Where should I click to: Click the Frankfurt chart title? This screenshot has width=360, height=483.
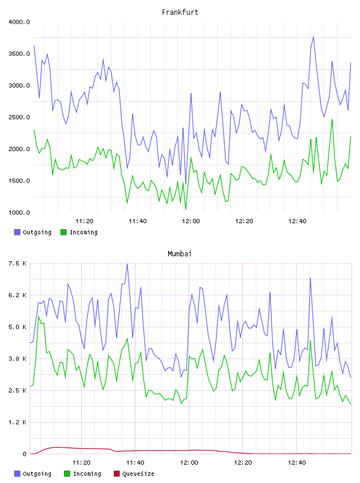tap(180, 12)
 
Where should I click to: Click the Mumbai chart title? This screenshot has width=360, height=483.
tap(179, 254)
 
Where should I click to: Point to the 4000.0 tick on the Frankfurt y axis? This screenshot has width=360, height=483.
tap(19, 22)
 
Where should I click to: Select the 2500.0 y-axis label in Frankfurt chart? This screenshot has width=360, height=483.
tap(19, 117)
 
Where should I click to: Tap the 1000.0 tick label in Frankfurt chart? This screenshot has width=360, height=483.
tap(19, 212)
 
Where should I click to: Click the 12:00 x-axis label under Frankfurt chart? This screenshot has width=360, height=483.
tap(191, 221)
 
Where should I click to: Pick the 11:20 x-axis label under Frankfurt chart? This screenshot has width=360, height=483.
tap(84, 221)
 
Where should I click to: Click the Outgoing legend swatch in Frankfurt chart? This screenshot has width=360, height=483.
tap(17, 232)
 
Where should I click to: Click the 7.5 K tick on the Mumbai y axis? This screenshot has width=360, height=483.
tap(17, 263)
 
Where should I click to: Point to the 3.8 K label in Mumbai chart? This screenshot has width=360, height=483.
tap(17, 359)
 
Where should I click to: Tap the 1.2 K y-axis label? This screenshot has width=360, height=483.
tap(17, 422)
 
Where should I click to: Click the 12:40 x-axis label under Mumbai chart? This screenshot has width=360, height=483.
tap(297, 463)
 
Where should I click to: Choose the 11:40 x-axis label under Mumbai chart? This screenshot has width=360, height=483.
tap(135, 463)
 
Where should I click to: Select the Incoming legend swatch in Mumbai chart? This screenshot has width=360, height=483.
tap(67, 474)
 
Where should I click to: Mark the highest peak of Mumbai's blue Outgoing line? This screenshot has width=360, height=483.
tap(127, 264)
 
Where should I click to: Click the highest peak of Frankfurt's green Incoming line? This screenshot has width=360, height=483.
tap(332, 120)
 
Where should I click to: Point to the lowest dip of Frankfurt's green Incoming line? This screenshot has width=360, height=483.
tap(185, 210)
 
